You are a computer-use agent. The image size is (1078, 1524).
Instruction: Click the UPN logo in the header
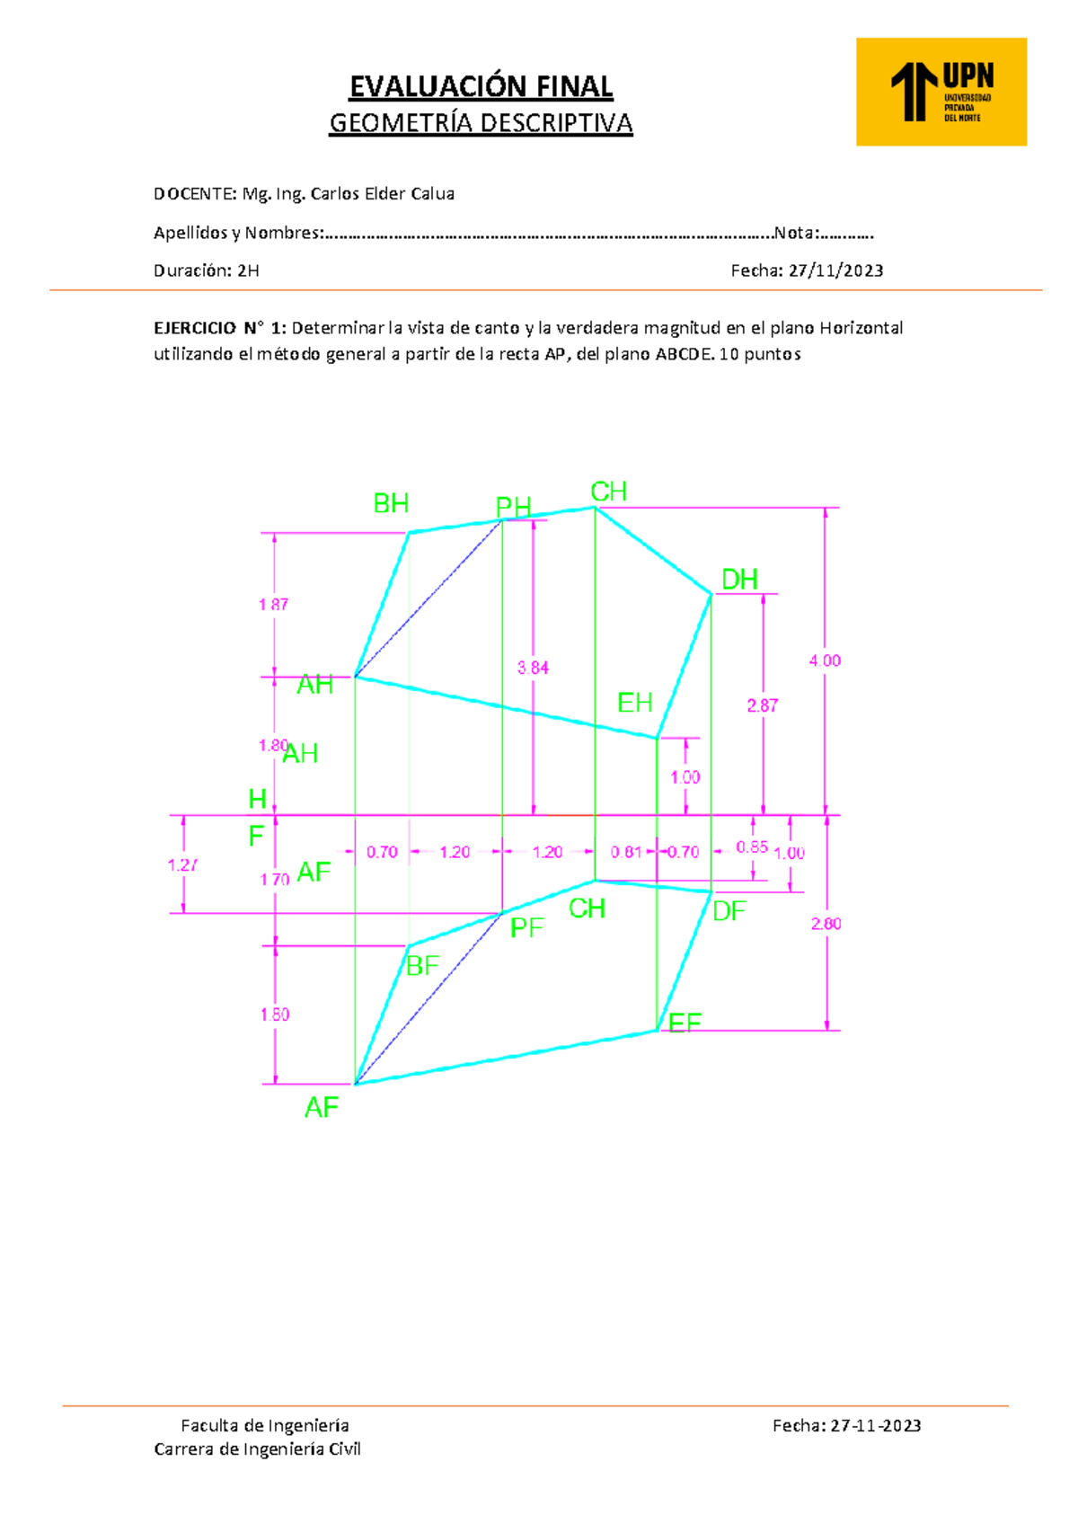tap(941, 92)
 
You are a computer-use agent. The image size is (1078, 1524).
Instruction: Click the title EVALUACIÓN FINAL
tap(481, 86)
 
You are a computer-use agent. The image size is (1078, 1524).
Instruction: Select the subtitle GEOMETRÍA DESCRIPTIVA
tap(481, 123)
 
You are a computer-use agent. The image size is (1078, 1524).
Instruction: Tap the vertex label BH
tap(391, 504)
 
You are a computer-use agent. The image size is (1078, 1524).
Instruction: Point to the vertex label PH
tap(513, 508)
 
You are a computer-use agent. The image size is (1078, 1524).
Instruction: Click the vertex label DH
tap(739, 580)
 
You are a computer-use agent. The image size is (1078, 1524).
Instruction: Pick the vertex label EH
tap(634, 703)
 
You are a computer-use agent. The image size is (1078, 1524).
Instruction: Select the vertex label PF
tap(526, 928)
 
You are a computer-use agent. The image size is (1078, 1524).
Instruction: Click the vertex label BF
tap(422, 966)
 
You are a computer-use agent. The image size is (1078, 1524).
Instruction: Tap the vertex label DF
tap(729, 912)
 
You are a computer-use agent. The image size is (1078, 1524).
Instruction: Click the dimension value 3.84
tap(533, 668)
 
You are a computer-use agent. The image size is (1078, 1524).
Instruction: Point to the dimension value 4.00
tap(825, 660)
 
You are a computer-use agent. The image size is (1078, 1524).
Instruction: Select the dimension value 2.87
tap(762, 705)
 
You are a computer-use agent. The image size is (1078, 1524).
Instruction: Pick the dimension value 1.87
tap(273, 605)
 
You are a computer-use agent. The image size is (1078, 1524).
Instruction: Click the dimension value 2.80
tap(826, 924)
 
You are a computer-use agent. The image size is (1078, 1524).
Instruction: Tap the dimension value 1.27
tap(182, 865)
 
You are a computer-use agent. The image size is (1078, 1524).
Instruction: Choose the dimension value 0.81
tap(626, 852)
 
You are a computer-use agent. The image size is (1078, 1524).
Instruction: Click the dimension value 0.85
tap(752, 847)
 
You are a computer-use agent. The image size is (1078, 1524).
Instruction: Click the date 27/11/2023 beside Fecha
tap(835, 270)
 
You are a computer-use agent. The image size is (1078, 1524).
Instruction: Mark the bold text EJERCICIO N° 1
tap(219, 328)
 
